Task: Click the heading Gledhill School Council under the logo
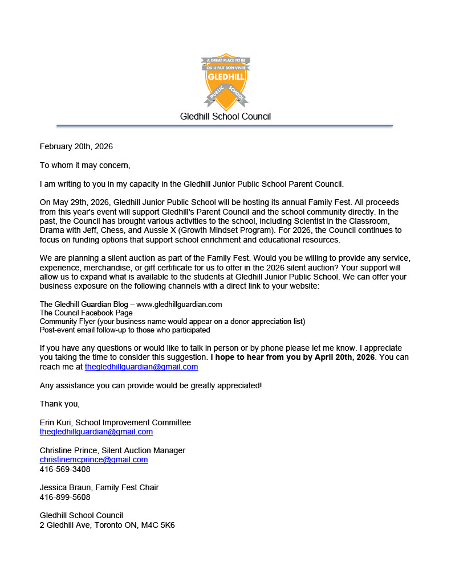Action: pyautogui.click(x=225, y=117)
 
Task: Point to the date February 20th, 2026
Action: pyautogui.click(x=76, y=146)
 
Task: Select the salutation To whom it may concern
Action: pyautogui.click(x=85, y=165)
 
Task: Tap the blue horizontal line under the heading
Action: pyautogui.click(x=225, y=125)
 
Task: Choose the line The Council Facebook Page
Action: pyautogui.click(x=86, y=313)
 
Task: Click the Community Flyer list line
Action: pyautogui.click(x=172, y=321)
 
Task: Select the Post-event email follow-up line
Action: pyautogui.click(x=125, y=330)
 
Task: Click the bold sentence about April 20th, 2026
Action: pyautogui.click(x=292, y=358)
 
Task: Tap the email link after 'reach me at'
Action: pyautogui.click(x=141, y=367)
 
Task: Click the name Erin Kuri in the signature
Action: pyautogui.click(x=56, y=422)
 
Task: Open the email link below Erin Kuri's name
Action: pyautogui.click(x=96, y=432)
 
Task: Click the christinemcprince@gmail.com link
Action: pyautogui.click(x=94, y=459)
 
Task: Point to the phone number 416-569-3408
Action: pyautogui.click(x=65, y=469)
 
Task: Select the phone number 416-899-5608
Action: pyautogui.click(x=65, y=497)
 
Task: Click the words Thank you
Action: pyautogui.click(x=59, y=404)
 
